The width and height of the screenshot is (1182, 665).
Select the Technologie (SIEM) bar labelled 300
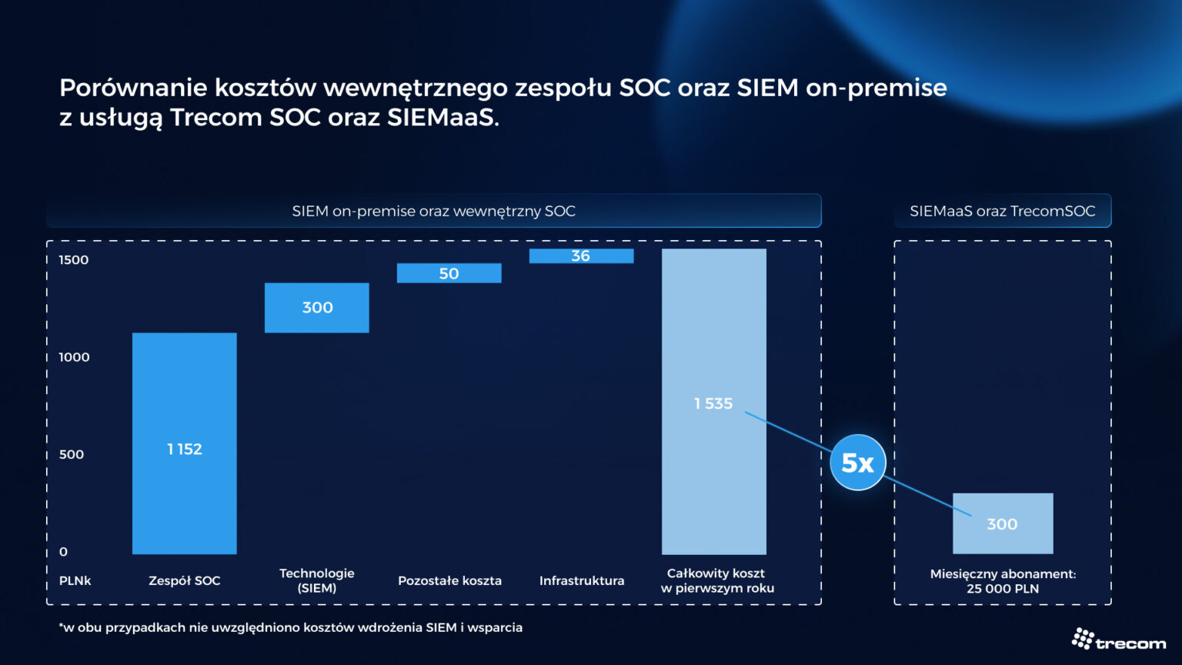tap(317, 308)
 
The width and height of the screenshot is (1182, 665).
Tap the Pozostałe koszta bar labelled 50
tap(449, 273)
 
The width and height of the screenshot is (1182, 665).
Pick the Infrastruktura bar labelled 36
tap(581, 256)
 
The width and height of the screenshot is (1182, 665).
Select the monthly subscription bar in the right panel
tap(1003, 523)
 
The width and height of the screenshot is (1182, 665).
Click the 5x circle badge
tap(858, 463)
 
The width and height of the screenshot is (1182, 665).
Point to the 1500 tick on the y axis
tap(74, 260)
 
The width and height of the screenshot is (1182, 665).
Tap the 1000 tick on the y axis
tap(74, 357)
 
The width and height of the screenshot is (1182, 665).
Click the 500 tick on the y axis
tap(72, 455)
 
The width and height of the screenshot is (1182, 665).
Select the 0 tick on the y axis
tap(63, 552)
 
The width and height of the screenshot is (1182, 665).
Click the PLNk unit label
tap(75, 581)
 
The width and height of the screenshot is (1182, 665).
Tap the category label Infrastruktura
tap(582, 581)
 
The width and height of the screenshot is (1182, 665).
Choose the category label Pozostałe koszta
tap(449, 581)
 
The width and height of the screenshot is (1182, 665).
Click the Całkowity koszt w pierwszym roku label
tap(716, 581)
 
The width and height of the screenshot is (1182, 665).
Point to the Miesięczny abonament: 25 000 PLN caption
tap(1003, 581)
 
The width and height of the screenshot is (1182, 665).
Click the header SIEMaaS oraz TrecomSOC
tap(1002, 211)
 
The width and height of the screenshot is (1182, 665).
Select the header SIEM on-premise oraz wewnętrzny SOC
tap(433, 211)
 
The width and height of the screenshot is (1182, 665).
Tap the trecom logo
tap(1119, 640)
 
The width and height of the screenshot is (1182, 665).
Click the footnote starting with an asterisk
tap(291, 628)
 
